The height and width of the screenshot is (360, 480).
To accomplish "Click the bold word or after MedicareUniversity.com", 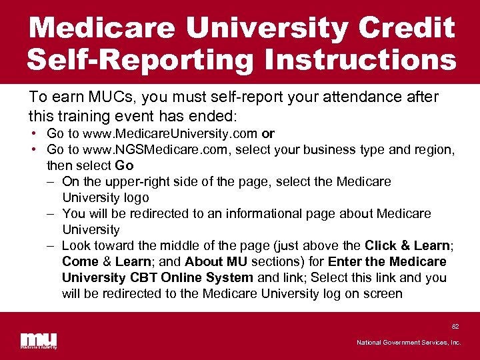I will click(269, 133).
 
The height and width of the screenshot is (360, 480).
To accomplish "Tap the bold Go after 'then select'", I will click(125, 165).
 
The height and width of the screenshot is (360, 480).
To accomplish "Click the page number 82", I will click(455, 327).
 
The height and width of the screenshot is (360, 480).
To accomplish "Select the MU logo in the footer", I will click(38, 340).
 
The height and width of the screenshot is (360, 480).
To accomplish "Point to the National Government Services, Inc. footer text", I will click(408, 343).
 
